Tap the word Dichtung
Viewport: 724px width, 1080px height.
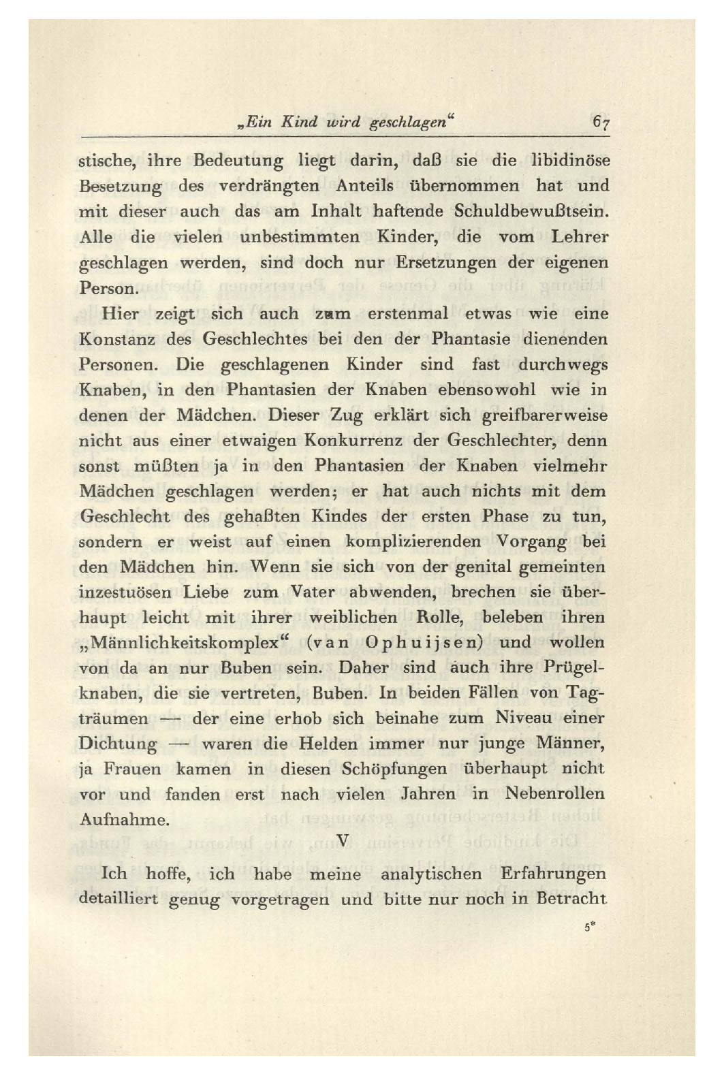[119, 744]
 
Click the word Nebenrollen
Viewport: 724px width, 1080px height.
[555, 794]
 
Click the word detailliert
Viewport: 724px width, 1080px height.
[119, 899]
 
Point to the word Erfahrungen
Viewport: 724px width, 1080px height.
[553, 874]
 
